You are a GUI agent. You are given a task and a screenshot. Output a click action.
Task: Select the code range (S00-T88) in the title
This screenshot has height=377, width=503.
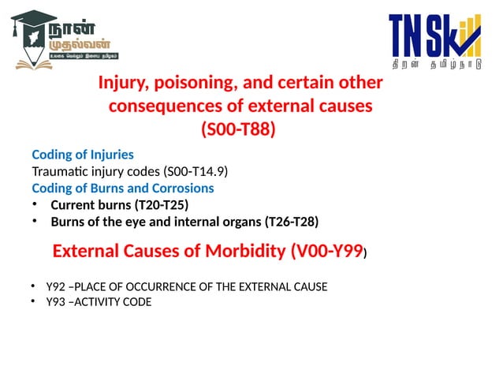tap(239, 129)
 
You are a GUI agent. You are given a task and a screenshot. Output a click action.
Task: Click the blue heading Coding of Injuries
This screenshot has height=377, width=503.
tap(82, 155)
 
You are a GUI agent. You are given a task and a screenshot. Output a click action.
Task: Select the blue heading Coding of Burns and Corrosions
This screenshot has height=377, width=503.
tap(122, 188)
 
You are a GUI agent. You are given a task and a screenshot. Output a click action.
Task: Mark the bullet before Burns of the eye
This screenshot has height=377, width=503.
tap(35, 222)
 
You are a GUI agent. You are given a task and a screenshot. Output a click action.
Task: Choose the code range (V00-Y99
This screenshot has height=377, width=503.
tap(326, 252)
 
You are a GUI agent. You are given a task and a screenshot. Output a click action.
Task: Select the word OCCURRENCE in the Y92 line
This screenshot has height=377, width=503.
tap(158, 287)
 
